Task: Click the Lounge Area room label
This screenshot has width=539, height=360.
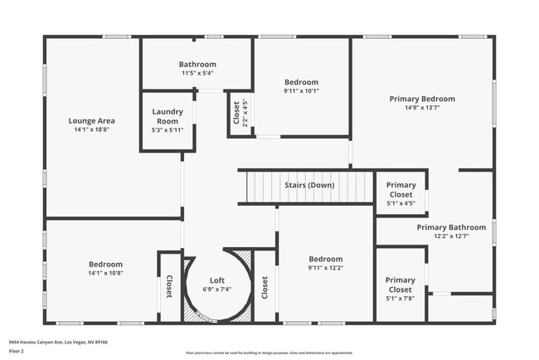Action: coord(91,120)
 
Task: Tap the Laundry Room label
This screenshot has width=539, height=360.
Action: coord(168,116)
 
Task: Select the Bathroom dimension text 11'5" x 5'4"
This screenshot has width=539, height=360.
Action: coord(197,73)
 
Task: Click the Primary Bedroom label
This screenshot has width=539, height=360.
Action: coord(422,99)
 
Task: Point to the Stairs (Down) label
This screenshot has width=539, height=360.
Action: coord(309,185)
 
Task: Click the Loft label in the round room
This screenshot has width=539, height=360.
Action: coord(216,280)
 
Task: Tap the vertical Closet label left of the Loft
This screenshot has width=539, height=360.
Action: coord(169,287)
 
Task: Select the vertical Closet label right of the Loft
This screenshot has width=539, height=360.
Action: coord(265,287)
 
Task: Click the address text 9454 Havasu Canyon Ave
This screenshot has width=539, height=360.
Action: coord(58,342)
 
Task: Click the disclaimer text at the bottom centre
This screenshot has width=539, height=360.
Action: coord(269,353)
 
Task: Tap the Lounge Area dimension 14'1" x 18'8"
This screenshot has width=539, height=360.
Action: coord(91,129)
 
